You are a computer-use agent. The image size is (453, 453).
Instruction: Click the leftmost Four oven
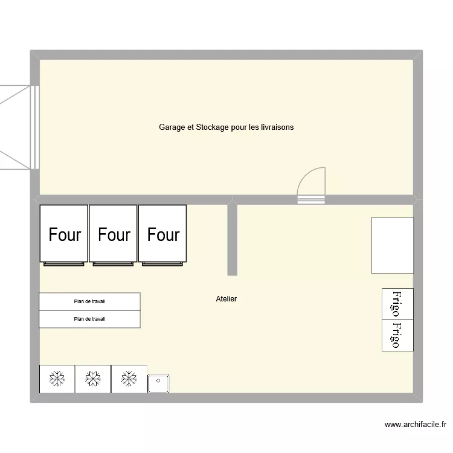(64, 234)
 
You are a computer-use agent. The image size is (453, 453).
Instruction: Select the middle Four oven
(114, 234)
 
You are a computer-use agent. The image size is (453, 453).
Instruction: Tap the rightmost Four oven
(163, 234)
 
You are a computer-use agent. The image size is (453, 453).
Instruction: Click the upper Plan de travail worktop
(89, 301)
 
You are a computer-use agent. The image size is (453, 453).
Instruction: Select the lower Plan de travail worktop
(89, 319)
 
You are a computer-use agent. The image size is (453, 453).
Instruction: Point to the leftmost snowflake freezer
(57, 379)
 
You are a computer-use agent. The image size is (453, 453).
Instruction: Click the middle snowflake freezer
(93, 379)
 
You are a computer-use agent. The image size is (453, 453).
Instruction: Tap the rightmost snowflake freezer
(129, 379)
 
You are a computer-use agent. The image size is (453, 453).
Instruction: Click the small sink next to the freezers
(158, 384)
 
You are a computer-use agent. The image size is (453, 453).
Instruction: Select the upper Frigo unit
(397, 304)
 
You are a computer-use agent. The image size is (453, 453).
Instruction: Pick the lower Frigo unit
(397, 335)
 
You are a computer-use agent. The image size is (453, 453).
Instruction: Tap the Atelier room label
(226, 299)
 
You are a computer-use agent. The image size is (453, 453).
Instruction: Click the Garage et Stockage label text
(226, 127)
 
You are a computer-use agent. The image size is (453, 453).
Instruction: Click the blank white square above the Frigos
(392, 246)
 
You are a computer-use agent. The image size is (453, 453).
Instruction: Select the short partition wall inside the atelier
(232, 240)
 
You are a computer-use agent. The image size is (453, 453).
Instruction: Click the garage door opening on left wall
(34, 127)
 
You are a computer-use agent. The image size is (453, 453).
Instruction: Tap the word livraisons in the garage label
(275, 127)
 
